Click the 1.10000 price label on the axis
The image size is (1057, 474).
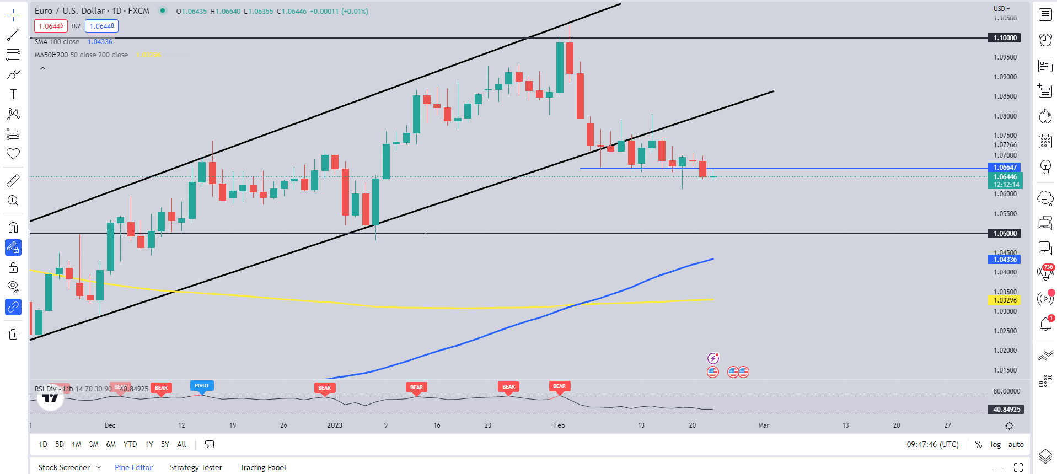point(1005,38)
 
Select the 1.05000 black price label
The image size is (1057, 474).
point(1005,234)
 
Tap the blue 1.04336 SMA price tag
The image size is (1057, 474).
point(1005,260)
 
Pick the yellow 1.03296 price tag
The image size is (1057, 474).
point(1005,300)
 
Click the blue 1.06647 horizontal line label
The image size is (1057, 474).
point(1005,168)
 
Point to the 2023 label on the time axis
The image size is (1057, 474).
point(335,425)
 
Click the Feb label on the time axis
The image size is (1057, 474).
point(559,425)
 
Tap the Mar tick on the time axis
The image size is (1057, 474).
point(763,425)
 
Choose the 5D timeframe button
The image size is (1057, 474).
point(60,444)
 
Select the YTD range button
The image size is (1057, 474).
point(130,444)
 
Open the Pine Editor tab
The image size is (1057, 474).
point(133,467)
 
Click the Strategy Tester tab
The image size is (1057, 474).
point(196,467)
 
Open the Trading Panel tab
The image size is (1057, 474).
point(263,467)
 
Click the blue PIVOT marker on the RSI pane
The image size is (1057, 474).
point(202,386)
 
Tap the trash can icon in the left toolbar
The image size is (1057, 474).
point(13,334)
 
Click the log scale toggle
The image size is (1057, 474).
point(995,444)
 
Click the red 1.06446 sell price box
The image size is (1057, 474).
point(51,26)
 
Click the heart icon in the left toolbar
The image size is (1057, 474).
point(13,154)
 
